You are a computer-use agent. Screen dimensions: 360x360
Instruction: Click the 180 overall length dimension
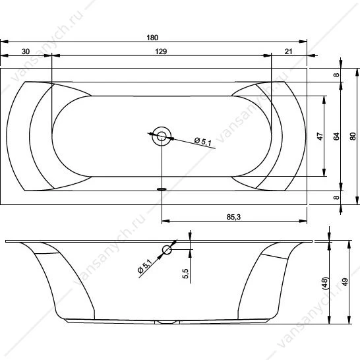pyautogui.click(x=152, y=38)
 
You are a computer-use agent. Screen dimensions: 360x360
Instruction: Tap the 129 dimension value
pyautogui.click(x=161, y=51)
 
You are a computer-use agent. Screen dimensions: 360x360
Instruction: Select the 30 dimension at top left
pyautogui.click(x=26, y=51)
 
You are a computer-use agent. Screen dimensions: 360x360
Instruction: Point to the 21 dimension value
pyautogui.click(x=288, y=51)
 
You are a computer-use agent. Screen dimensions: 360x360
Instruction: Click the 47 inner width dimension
pyautogui.click(x=320, y=136)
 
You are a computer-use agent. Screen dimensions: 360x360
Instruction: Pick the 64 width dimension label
pyautogui.click(x=336, y=136)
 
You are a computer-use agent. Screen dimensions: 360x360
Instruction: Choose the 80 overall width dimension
pyautogui.click(x=353, y=136)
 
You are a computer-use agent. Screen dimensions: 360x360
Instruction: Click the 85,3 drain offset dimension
pyautogui.click(x=233, y=217)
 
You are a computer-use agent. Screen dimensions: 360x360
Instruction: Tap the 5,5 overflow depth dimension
pyautogui.click(x=185, y=274)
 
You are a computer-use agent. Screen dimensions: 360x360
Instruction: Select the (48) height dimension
pyautogui.click(x=326, y=284)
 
